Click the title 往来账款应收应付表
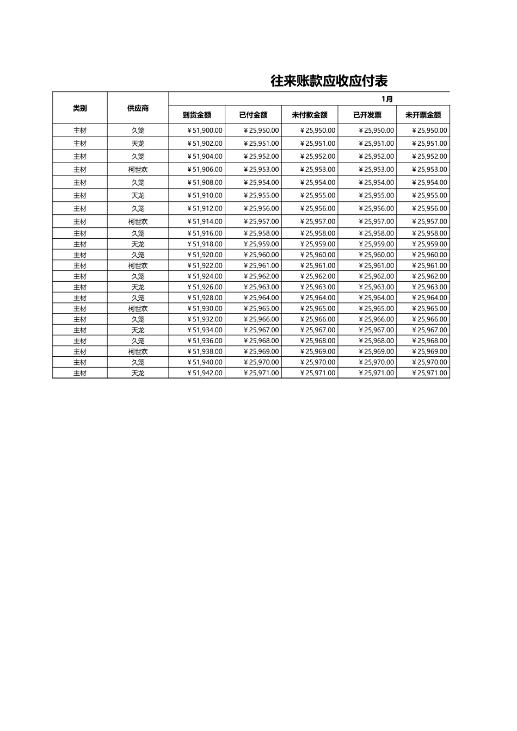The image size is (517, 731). pos(329,81)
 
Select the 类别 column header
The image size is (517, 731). pos(80,108)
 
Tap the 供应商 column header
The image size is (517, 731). pos(138,108)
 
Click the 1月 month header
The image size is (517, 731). pos(387,99)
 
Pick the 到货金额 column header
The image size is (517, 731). pos(196,115)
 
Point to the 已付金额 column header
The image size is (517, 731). pos(253,115)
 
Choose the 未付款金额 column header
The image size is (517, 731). pos(310,115)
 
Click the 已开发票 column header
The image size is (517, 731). pos(367,115)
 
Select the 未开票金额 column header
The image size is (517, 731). pos(423,115)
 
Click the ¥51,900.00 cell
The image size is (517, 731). pos(205,131)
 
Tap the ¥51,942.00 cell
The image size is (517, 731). pos(205,373)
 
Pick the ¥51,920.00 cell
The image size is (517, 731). pos(205,255)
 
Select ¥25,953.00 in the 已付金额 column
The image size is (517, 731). pos(261,170)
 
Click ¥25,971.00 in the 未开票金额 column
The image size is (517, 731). pos(429,373)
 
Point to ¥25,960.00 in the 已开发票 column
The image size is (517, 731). pos(376,255)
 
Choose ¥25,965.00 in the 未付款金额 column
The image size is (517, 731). pos(318,308)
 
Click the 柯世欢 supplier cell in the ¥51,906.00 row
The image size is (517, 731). pos(138,170)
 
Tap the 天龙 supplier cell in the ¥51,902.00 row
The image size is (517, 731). pos(138,144)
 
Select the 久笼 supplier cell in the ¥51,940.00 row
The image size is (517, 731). pos(138,362)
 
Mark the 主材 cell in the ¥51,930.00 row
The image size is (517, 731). pos(80,308)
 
